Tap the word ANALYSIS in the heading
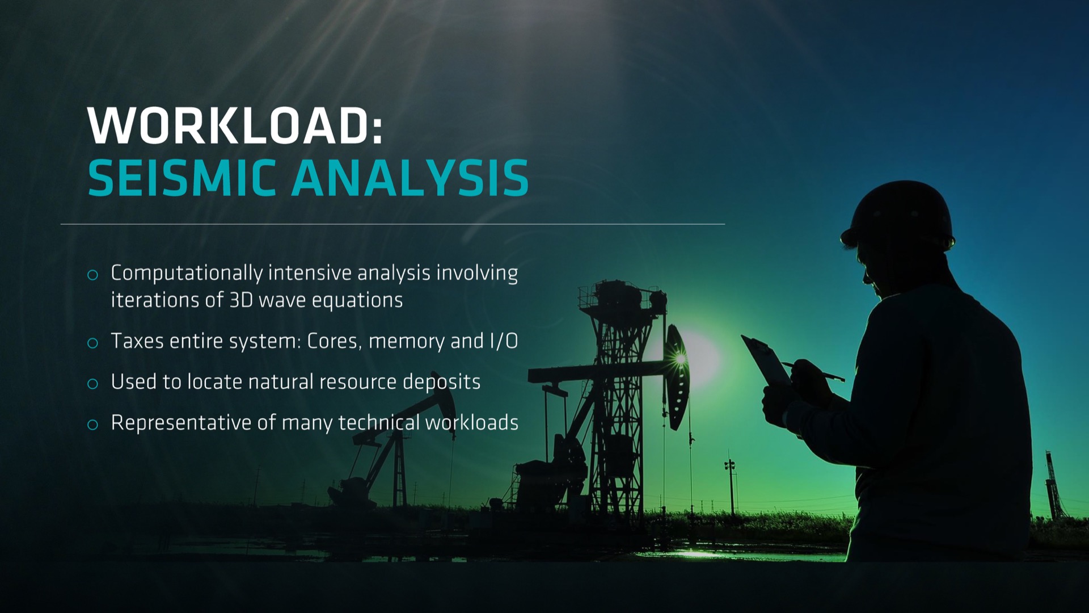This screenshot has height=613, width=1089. pos(410,178)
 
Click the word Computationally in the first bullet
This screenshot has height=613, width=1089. pos(187,274)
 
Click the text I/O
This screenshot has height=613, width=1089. pos(504,341)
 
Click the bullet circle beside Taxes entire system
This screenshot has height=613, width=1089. pos(92,343)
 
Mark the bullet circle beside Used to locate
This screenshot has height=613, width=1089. pos(92,384)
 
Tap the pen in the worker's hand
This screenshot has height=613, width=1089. pos(814,371)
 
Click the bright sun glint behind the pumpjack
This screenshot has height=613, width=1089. pos(680,359)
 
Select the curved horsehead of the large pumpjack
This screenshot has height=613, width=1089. pos(676,377)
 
